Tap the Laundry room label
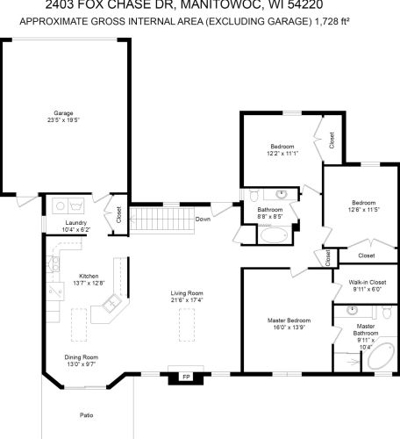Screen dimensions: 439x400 point(76,223)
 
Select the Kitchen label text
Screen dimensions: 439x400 point(89,275)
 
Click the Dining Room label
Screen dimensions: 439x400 point(81,356)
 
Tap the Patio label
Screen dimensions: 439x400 point(86,414)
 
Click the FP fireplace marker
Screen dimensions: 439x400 point(186,377)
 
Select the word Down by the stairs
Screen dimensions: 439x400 point(203,219)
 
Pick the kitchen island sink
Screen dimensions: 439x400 point(111,305)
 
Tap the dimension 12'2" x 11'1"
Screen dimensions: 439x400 point(282,153)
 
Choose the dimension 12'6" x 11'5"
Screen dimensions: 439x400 point(361,210)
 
